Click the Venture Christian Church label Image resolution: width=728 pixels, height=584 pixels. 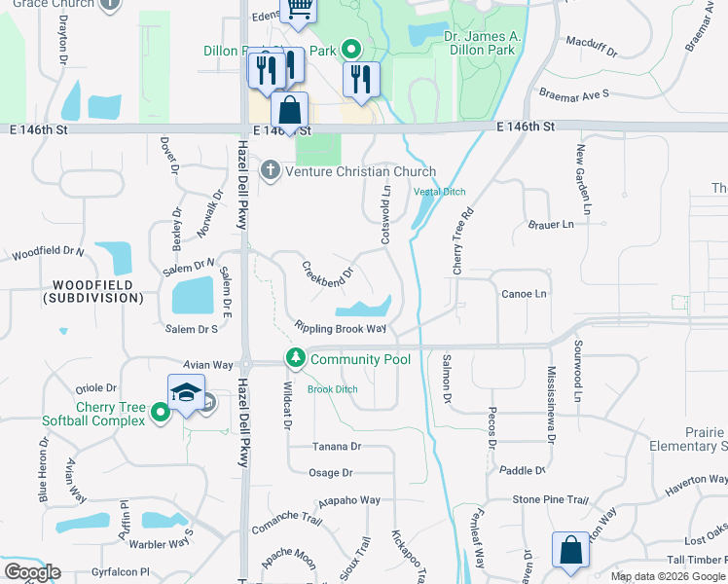tap(352, 171)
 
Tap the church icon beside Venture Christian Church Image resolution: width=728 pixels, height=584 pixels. tap(270, 171)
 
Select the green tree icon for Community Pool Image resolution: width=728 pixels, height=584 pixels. tap(296, 359)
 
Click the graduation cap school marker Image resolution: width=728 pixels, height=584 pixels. tap(186, 392)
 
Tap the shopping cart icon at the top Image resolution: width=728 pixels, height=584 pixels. tap(299, 10)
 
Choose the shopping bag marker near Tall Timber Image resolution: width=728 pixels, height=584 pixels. tap(570, 550)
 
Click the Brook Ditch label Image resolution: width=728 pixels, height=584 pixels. tap(333, 389)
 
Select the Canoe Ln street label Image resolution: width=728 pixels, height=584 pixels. tap(524, 293)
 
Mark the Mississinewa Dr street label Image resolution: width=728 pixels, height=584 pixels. tap(551, 405)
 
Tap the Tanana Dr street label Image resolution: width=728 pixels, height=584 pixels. tap(337, 447)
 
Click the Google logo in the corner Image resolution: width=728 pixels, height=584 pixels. tap(33, 572)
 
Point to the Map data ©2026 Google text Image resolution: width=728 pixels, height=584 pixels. tap(668, 576)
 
